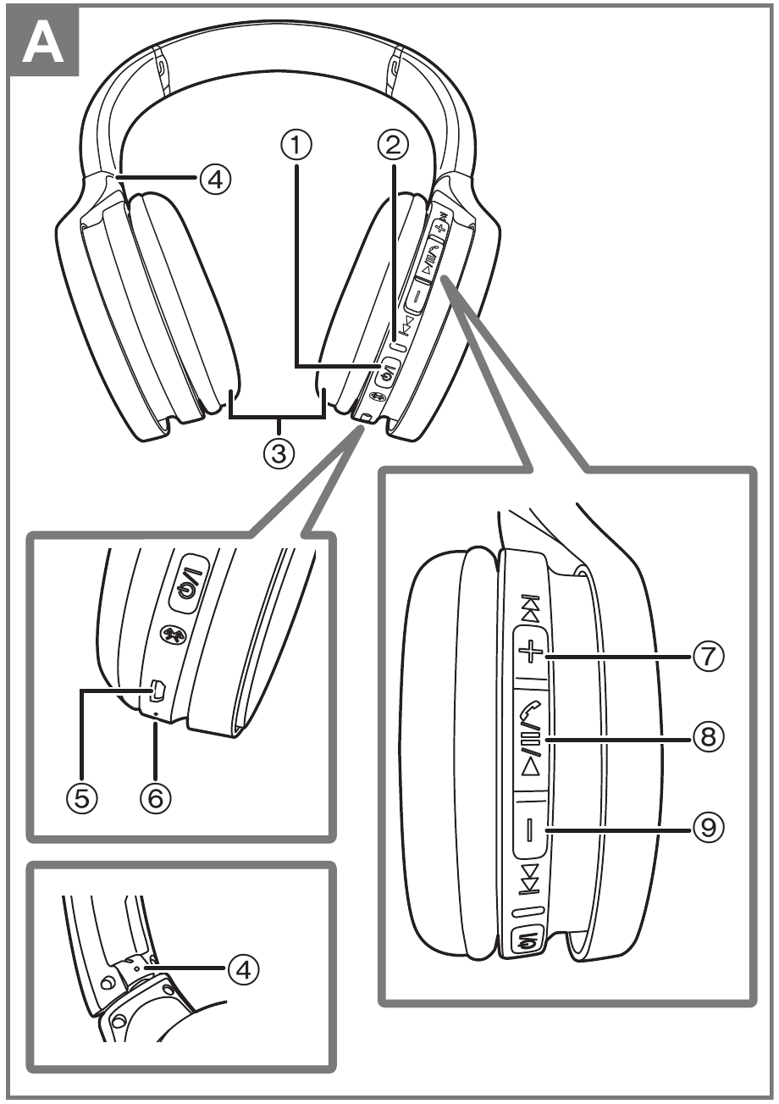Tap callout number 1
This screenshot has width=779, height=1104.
pos(296,147)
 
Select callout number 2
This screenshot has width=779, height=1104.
pos(390,147)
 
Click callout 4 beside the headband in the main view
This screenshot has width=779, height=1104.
pos(213,180)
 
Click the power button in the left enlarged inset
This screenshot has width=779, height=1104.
pos(187,583)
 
